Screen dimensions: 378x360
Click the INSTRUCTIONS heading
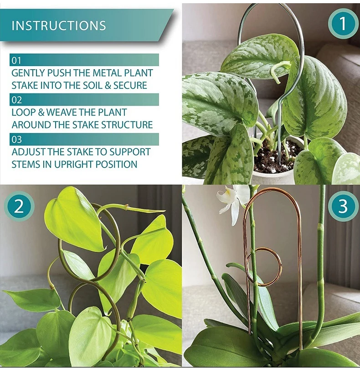[58, 26]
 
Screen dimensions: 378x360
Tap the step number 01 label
[16, 60]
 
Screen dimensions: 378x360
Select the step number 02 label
[17, 100]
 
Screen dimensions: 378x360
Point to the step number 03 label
[17, 139]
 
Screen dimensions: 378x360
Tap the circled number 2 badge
[19, 207]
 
